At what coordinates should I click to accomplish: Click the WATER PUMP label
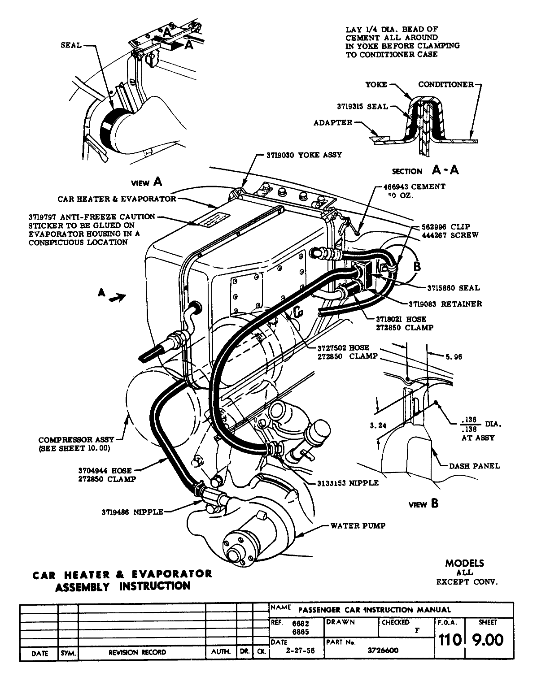coord(358,525)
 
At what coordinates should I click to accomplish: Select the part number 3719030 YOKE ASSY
coord(304,155)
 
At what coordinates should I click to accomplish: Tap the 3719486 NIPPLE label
coord(132,512)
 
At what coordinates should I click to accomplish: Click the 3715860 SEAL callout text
coord(453,288)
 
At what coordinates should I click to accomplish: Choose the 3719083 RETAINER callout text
coord(455,304)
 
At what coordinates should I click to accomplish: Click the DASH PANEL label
coord(475,466)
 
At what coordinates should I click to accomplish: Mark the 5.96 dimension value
coord(454,357)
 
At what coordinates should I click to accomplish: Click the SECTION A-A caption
coord(425,170)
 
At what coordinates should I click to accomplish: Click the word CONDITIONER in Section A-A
coord(445,84)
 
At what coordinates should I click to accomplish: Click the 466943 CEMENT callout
coord(414,187)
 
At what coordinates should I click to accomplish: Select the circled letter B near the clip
coord(416,266)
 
